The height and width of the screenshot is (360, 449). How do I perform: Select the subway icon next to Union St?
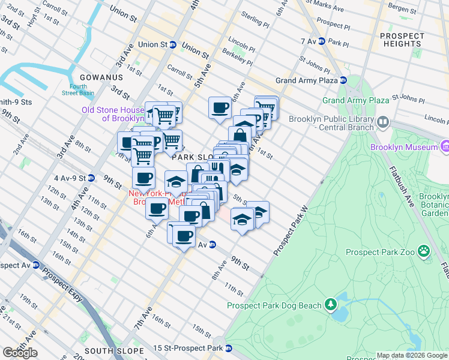point(173,44)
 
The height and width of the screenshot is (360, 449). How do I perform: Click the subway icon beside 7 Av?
point(322,41)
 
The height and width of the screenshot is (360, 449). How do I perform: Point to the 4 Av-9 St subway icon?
point(91,178)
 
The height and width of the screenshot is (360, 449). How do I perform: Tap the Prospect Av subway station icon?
point(36,265)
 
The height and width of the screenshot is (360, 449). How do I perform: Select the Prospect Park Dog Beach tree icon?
point(330,305)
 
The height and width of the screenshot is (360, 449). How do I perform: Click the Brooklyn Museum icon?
point(445,146)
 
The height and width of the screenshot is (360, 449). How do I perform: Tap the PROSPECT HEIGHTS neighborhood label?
point(401,40)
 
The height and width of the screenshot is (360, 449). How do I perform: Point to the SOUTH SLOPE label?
point(114,351)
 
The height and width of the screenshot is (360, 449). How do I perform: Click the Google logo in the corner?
point(20,353)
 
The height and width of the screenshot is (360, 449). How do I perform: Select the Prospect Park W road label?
point(291,230)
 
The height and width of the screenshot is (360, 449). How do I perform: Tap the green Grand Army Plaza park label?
point(355,100)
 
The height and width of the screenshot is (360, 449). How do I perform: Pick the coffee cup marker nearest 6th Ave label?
point(220,109)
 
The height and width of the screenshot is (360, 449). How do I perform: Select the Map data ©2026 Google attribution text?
point(412,355)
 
